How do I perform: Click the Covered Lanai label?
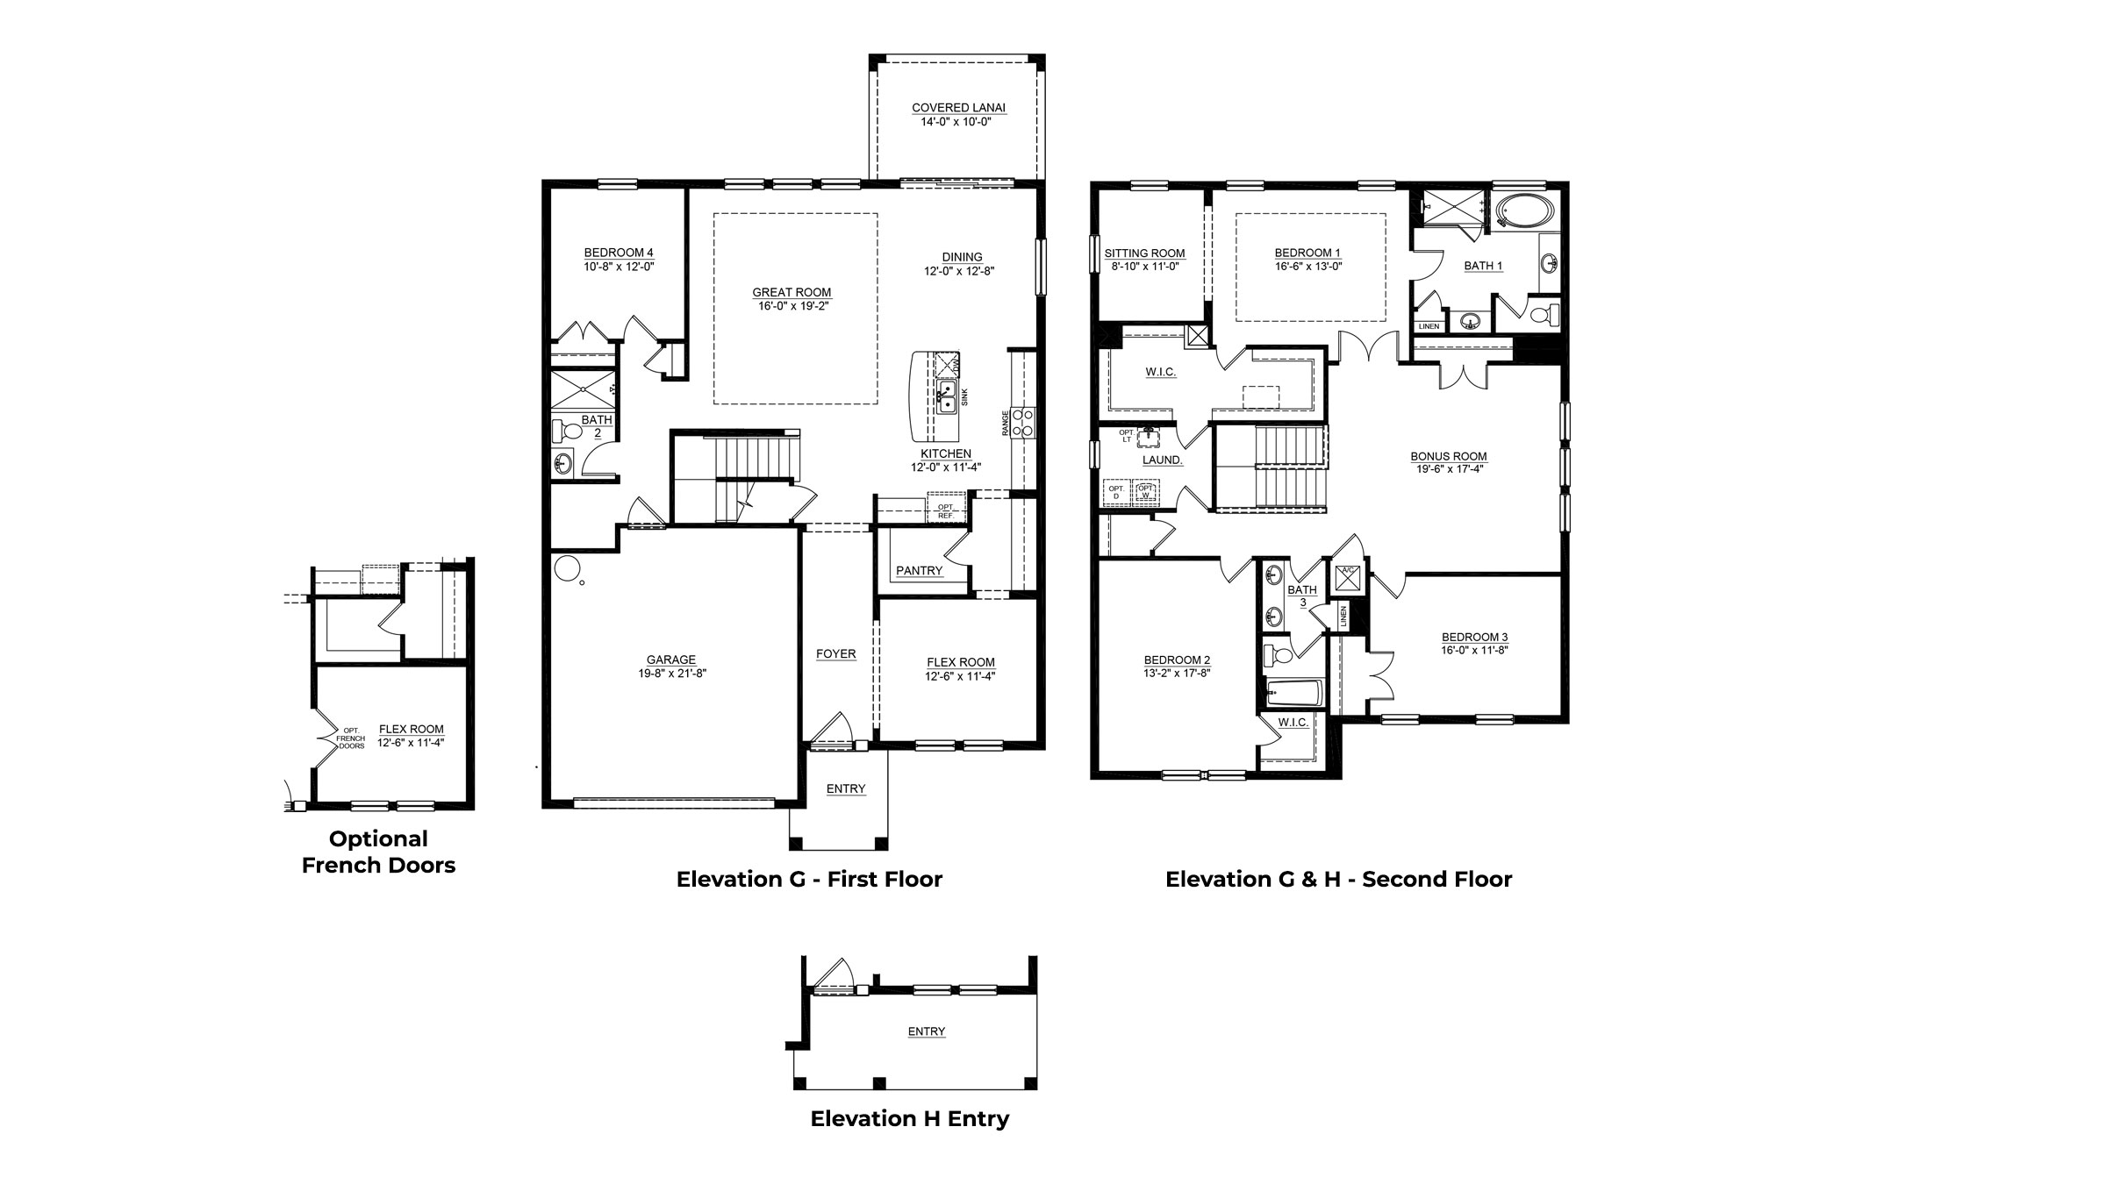[958, 108]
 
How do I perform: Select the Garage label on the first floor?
[671, 660]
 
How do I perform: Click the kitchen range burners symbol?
[1022, 422]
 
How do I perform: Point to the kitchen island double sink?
[947, 396]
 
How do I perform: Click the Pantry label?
[919, 570]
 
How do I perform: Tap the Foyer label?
[835, 653]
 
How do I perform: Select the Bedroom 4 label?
[619, 253]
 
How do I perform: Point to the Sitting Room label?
[1144, 253]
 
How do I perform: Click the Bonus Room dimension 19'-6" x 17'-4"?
[1449, 469]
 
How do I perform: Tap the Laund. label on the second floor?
[1162, 460]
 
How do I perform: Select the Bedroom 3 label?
[1474, 637]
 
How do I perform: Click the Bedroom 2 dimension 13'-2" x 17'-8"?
[1177, 674]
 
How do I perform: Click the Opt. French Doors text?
[351, 738]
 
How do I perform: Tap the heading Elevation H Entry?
[909, 1118]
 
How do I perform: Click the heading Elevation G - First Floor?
[808, 879]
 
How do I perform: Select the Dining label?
[963, 257]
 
